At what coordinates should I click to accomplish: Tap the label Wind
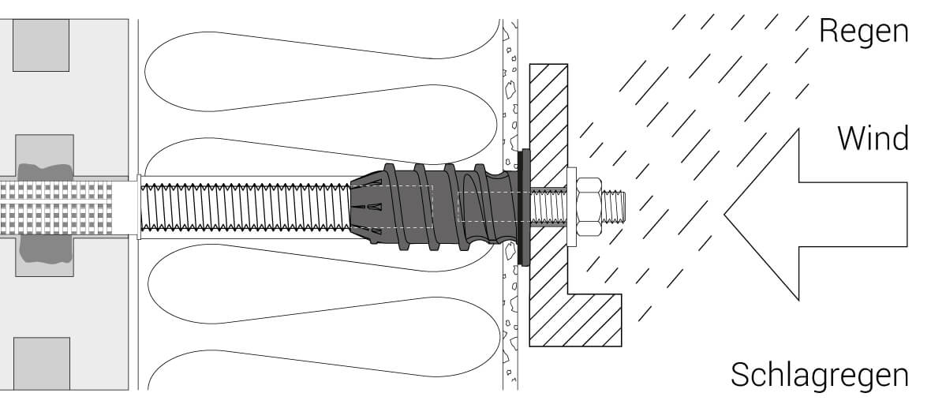coord(872,139)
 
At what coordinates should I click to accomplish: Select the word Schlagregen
coord(820,374)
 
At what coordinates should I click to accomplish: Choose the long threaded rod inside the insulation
coord(245,208)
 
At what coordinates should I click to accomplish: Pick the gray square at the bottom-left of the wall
coord(41,363)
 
